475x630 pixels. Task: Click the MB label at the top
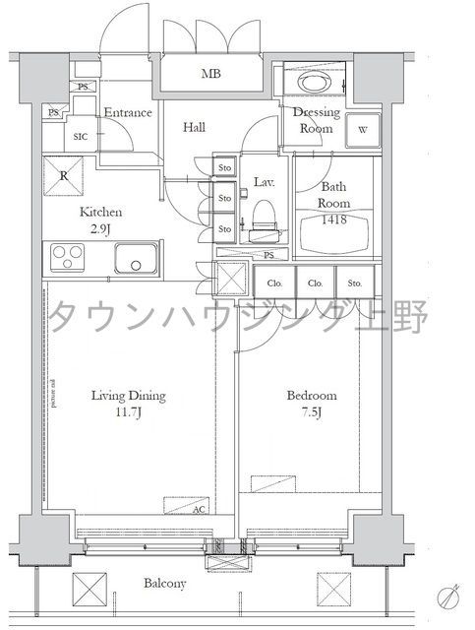(211, 74)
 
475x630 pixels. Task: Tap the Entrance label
(128, 112)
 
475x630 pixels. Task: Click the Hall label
(193, 127)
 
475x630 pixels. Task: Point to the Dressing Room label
(316, 120)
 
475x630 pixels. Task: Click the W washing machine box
(363, 130)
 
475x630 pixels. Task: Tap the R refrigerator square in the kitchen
(62, 177)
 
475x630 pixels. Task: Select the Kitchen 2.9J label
(101, 220)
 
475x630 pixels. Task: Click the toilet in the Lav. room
(262, 218)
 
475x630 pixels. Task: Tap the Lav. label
(264, 183)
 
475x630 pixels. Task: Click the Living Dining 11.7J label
(129, 404)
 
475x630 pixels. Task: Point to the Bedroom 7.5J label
(312, 404)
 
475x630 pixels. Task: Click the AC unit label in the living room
(199, 510)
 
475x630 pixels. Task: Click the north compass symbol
(450, 597)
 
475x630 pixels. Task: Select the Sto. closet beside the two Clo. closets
(354, 283)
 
